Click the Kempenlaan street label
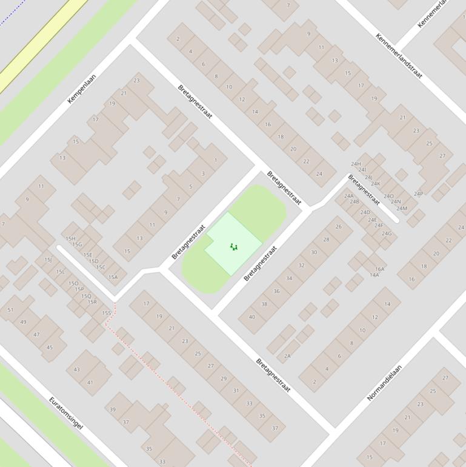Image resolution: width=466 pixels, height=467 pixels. click(x=81, y=89)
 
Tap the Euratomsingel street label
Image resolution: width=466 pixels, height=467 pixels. click(x=65, y=413)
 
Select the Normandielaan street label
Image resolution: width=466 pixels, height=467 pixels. click(x=384, y=382)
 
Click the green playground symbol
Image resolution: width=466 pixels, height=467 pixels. click(x=233, y=246)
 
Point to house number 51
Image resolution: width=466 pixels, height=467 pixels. click(x=10, y=310)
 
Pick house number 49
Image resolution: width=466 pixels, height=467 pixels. click(x=23, y=322)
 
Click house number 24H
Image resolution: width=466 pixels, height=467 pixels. click(x=356, y=164)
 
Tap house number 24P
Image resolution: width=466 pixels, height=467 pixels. click(x=418, y=194)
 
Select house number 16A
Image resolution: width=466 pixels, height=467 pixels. click(x=379, y=269)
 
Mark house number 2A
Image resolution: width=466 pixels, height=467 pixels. click(x=287, y=356)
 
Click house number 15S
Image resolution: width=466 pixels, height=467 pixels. click(x=107, y=313)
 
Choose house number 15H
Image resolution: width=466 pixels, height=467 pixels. click(x=70, y=239)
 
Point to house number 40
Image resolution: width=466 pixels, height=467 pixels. click(x=251, y=317)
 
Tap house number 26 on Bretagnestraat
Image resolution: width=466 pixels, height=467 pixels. click(x=339, y=227)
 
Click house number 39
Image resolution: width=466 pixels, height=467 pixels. click(x=112, y=409)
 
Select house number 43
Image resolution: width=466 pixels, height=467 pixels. click(x=76, y=369)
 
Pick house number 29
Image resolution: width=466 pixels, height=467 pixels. click(x=224, y=378)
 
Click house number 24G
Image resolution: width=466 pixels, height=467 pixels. click(x=387, y=233)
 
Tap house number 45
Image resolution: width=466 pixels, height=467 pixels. click(x=49, y=348)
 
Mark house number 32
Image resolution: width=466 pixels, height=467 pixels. click(x=301, y=266)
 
